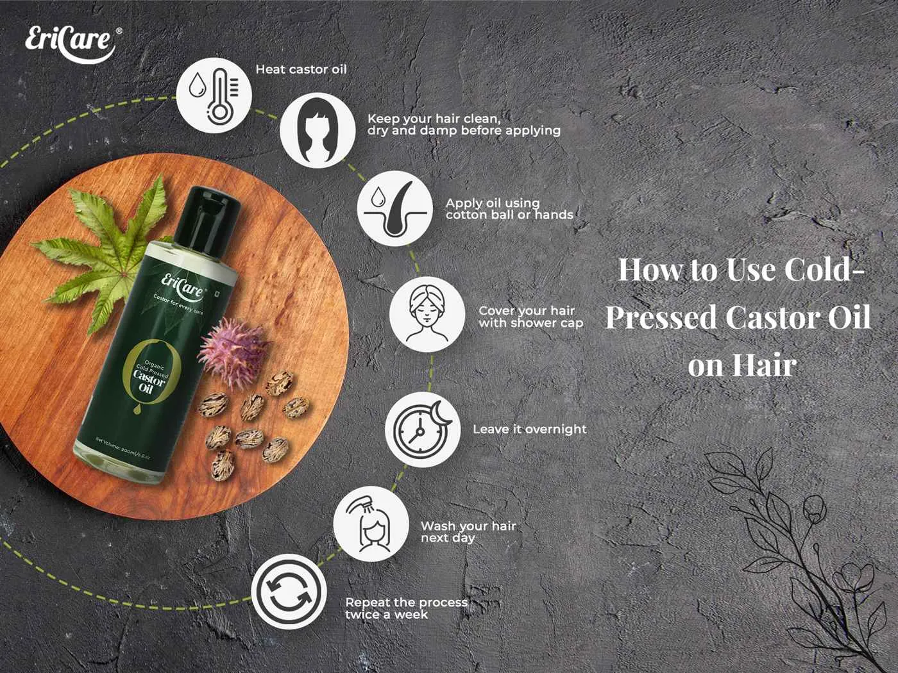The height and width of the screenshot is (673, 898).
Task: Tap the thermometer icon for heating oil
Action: tap(214, 95)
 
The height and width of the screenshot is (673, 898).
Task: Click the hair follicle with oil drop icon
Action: tap(394, 211)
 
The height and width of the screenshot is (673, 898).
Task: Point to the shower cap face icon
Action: tap(427, 314)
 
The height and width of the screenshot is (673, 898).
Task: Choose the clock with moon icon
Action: tap(422, 429)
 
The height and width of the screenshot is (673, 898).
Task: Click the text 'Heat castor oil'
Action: tap(301, 69)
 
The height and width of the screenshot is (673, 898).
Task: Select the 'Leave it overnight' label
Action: tap(529, 429)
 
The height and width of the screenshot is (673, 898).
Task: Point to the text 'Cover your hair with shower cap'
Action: tap(530, 317)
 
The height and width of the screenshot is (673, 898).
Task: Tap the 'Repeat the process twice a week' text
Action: tap(406, 608)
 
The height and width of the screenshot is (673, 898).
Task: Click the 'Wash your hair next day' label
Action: tap(468, 532)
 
